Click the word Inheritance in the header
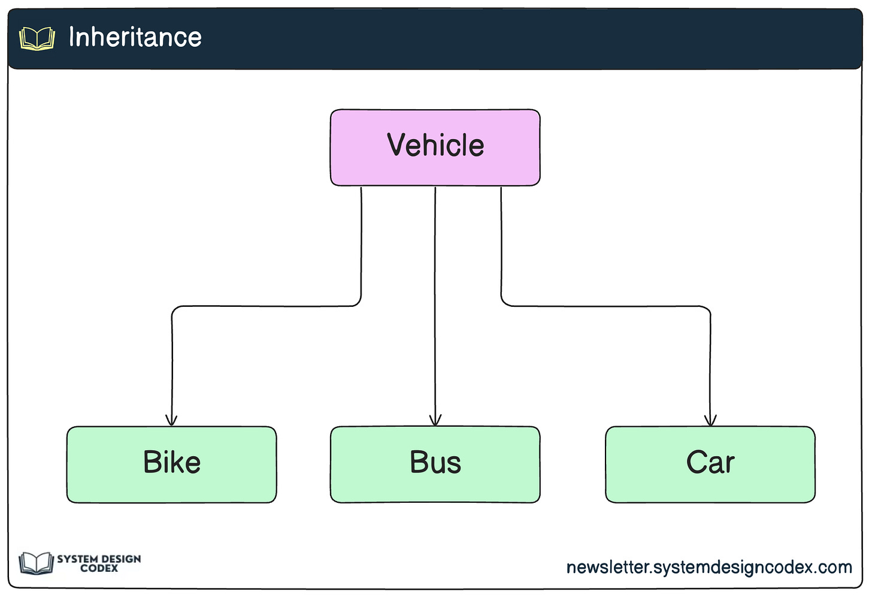[x=135, y=37]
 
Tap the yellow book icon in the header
[x=37, y=38]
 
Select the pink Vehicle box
[x=435, y=147]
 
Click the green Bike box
[x=172, y=465]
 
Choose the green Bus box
[x=435, y=465]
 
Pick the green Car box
[x=710, y=465]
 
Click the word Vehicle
[x=435, y=145]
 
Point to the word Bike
[x=172, y=462]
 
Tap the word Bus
[x=435, y=462]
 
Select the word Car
[x=710, y=462]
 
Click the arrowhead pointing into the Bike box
[x=171, y=421]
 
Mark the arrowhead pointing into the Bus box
[x=435, y=421]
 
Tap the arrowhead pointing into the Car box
[x=710, y=421]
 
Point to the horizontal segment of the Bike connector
[x=267, y=306]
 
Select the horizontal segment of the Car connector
[x=605, y=306]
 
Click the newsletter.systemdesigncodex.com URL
[x=709, y=568]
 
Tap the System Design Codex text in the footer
[x=99, y=563]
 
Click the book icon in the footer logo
[x=36, y=563]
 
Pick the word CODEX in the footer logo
[x=99, y=568]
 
